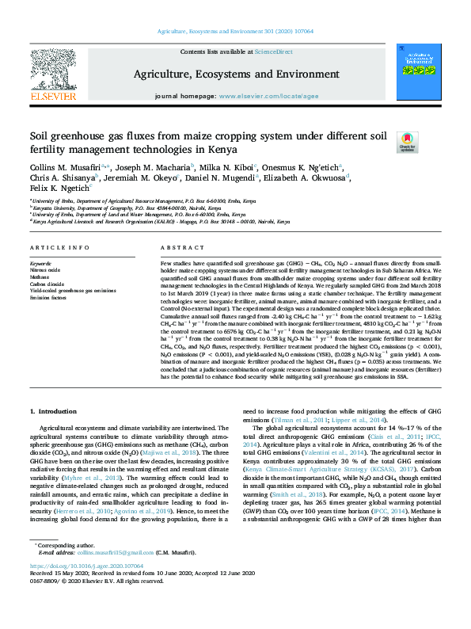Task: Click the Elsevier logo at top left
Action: (53, 78)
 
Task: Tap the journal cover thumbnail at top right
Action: (418, 74)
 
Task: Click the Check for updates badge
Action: (407, 142)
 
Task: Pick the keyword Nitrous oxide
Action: (45, 269)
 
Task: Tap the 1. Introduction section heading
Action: (53, 411)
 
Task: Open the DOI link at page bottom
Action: (86, 589)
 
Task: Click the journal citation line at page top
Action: (236, 34)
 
